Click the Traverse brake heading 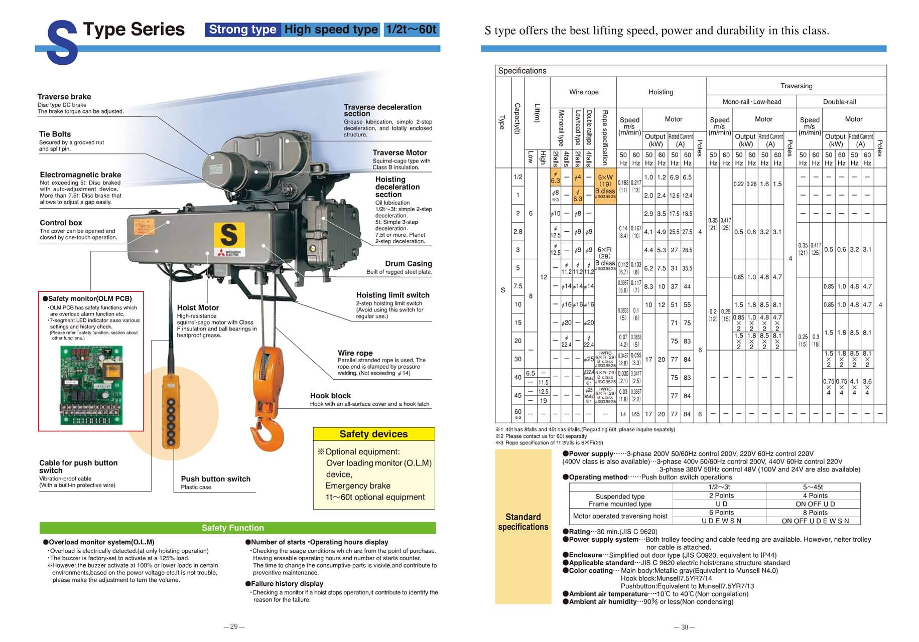[x=64, y=97]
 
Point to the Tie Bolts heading [x=55, y=134]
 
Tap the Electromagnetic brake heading [x=80, y=175]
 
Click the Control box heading [x=61, y=223]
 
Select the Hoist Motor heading [x=198, y=307]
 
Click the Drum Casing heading [x=408, y=263]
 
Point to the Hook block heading [x=330, y=396]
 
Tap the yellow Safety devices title [x=373, y=434]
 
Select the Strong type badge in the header [x=242, y=30]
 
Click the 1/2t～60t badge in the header [x=411, y=30]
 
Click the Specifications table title [x=522, y=71]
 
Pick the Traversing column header [x=796, y=86]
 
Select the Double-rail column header [x=839, y=102]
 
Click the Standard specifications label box [x=523, y=522]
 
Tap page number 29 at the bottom [x=234, y=627]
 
